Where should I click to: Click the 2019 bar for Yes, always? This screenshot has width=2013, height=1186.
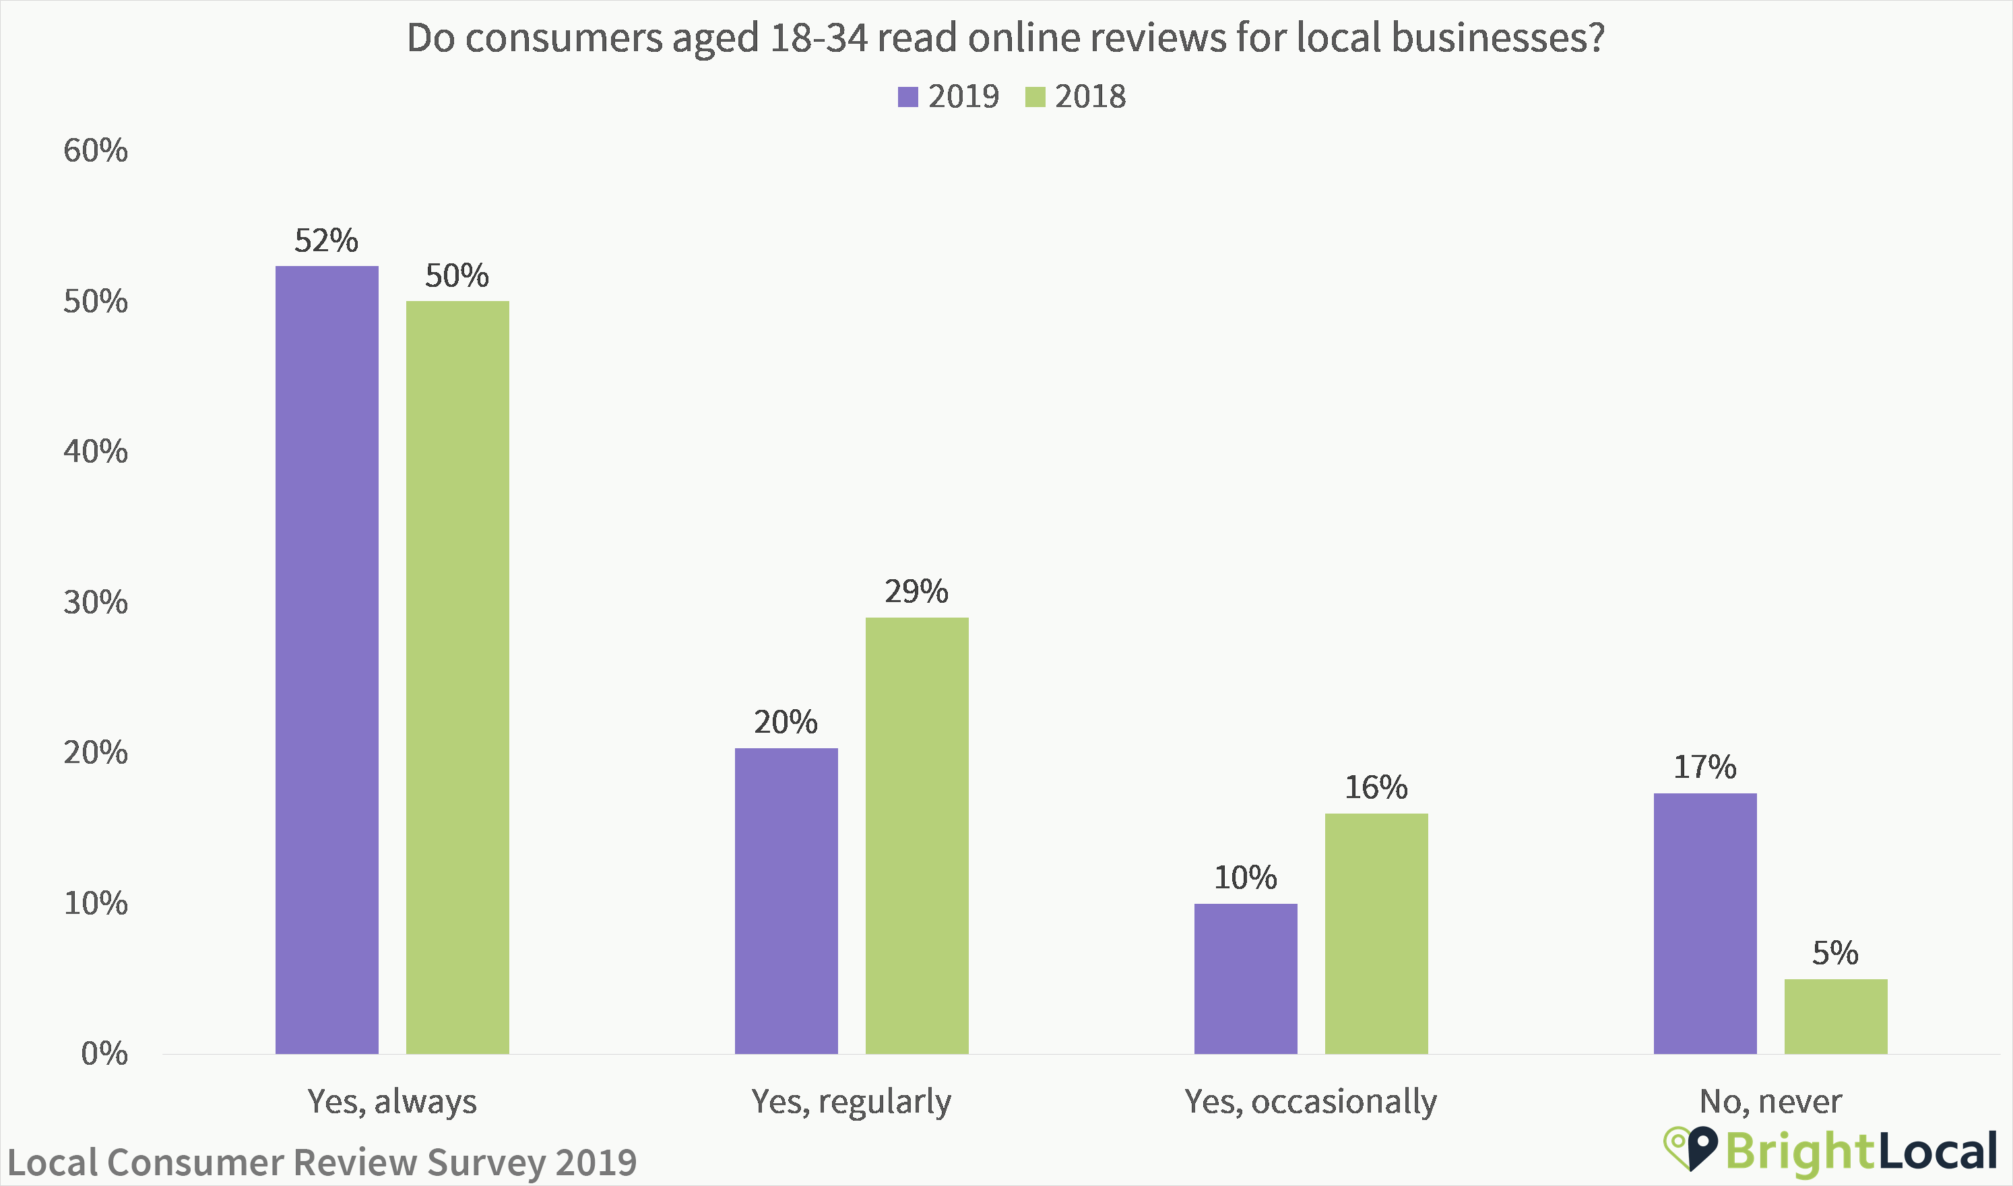(327, 659)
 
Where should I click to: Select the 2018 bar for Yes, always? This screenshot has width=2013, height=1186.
(457, 677)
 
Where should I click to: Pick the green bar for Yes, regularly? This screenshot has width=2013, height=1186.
(917, 835)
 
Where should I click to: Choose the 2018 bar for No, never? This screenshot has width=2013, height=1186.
(1836, 1016)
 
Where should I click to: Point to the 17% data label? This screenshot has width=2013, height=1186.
(1705, 767)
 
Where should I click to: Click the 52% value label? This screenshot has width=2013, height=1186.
(326, 240)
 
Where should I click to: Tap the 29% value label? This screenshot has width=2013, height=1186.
(916, 591)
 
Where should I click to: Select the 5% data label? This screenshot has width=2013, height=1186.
(1834, 952)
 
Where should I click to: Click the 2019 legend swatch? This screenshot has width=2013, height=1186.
(907, 97)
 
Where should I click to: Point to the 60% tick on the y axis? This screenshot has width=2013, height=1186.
(96, 150)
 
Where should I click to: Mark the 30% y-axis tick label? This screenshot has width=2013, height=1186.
(96, 603)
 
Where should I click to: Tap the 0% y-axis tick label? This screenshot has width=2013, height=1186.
(104, 1053)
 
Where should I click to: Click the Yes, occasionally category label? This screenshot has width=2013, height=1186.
(1311, 1101)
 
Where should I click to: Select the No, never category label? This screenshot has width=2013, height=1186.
(1770, 1101)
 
